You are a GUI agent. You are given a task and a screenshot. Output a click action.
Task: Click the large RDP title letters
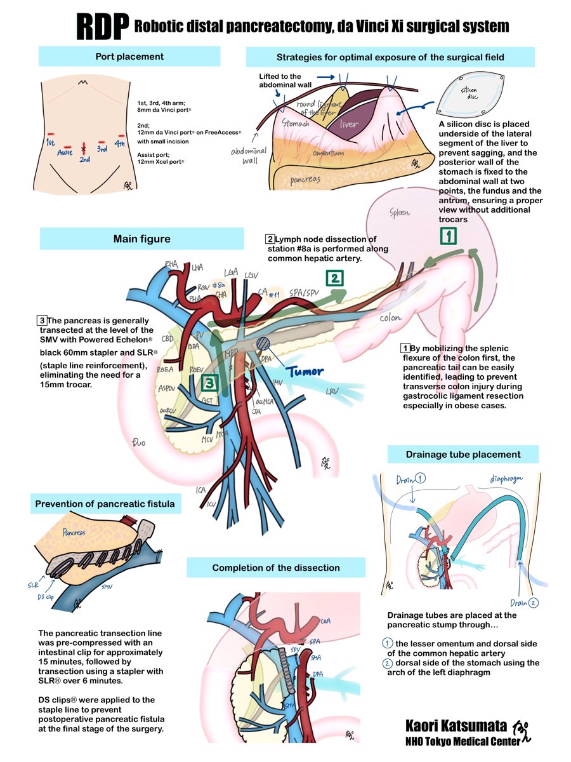pyautogui.click(x=102, y=26)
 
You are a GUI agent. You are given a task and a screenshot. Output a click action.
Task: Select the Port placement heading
pyautogui.click(x=129, y=57)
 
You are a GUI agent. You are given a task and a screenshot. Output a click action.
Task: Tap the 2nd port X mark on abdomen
pyautogui.click(x=83, y=149)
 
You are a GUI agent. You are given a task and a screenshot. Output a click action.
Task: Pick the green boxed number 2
pyautogui.click(x=334, y=277)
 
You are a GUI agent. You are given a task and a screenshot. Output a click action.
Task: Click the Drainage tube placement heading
pyautogui.click(x=463, y=454)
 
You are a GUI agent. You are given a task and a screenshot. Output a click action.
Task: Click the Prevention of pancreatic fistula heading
pyautogui.click(x=105, y=504)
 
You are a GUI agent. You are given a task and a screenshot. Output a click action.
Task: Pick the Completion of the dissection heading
pyautogui.click(x=276, y=568)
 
